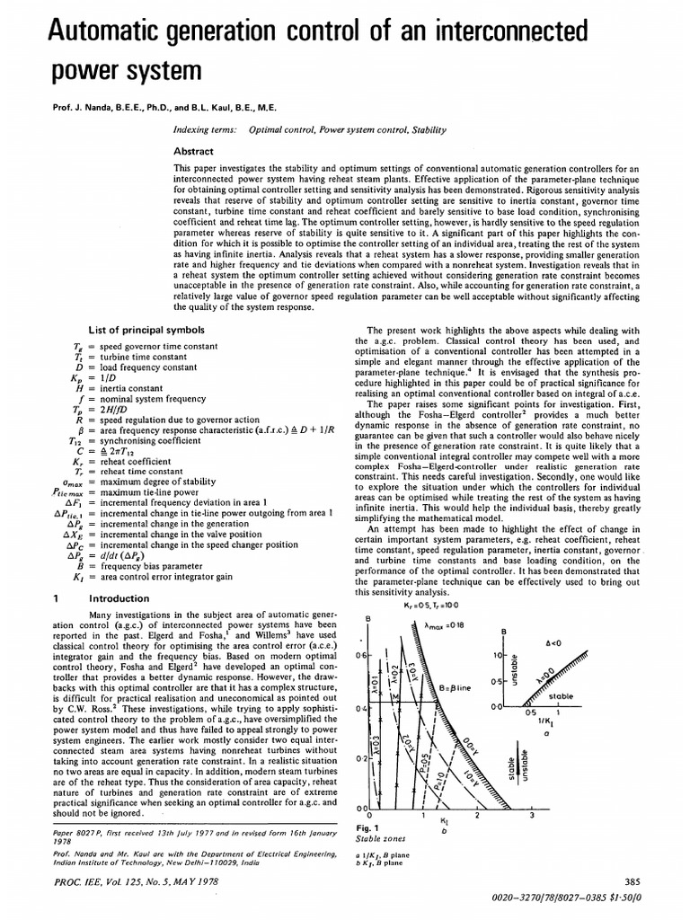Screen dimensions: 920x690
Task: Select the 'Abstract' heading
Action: click(193, 152)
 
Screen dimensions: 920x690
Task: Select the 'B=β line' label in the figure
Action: click(455, 686)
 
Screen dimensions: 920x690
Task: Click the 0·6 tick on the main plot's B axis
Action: click(362, 657)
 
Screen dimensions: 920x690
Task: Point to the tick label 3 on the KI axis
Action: click(532, 816)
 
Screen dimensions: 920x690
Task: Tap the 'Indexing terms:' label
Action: click(206, 129)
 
